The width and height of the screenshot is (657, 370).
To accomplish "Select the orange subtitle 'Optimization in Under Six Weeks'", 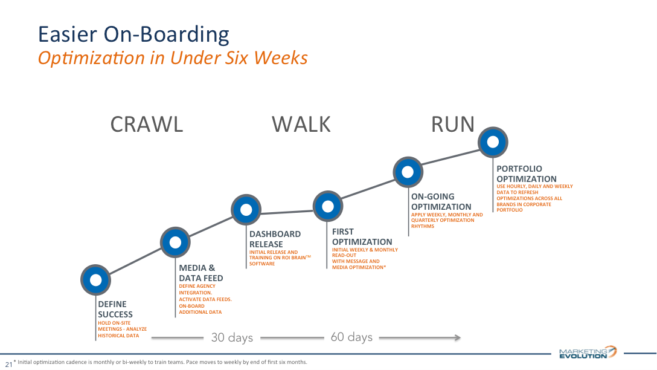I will (x=173, y=57).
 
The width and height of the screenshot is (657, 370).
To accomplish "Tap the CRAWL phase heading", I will (x=146, y=124).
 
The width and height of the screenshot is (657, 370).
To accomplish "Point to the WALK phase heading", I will (x=301, y=124).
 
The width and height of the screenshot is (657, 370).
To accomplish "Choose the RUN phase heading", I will (x=452, y=124).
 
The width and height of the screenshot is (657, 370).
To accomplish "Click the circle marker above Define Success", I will (x=95, y=279).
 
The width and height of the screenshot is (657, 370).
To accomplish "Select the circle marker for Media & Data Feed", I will (x=175, y=242).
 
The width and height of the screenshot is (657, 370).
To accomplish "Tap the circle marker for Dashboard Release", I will (x=246, y=210).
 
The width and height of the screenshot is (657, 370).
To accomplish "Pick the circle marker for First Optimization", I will (x=328, y=206).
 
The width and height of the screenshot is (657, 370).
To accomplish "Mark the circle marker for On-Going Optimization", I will (x=408, y=171).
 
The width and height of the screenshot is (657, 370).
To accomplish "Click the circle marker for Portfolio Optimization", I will (x=493, y=143).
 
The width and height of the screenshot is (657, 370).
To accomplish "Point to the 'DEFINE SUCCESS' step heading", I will (x=115, y=309).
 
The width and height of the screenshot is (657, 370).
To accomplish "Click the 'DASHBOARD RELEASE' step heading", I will (x=275, y=239).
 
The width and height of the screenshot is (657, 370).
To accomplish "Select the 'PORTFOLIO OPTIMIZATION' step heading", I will (x=526, y=174).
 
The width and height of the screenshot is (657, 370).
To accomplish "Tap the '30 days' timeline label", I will (x=232, y=337).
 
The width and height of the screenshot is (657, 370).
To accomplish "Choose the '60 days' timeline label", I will (x=351, y=337).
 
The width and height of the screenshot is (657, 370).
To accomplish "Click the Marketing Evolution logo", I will (x=588, y=352).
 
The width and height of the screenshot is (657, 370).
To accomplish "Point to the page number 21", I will (x=8, y=364).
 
